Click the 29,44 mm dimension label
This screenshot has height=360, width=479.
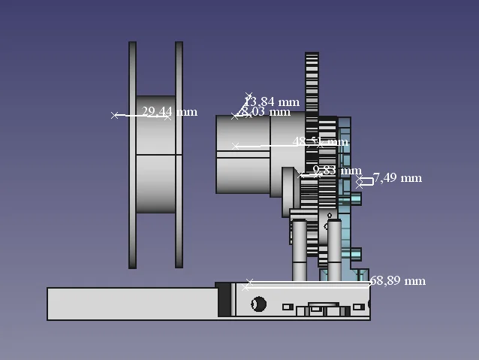click(170, 112)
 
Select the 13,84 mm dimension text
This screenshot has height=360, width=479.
click(272, 101)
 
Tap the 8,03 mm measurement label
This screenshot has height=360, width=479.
click(265, 112)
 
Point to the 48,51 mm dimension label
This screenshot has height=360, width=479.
click(321, 141)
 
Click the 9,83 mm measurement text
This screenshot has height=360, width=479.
click(337, 171)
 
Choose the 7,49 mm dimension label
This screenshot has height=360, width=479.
click(397, 178)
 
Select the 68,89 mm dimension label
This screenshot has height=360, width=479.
click(398, 281)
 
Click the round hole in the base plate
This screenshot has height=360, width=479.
click(258, 304)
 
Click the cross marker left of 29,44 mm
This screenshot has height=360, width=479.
click(115, 116)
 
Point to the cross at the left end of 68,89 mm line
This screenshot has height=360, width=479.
click(249, 283)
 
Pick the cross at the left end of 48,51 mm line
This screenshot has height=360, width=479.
click(236, 146)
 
